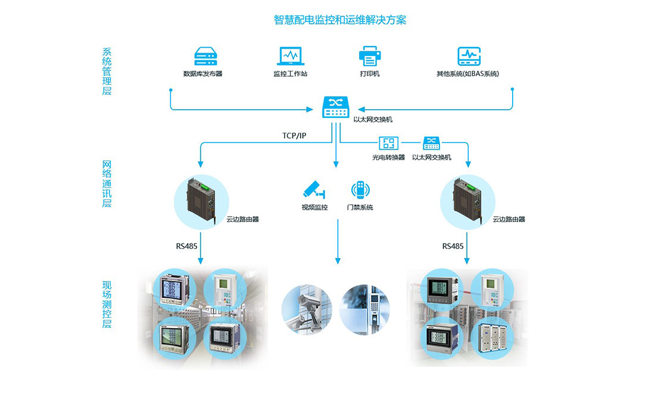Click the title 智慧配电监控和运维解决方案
tap(340, 20)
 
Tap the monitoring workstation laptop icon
tap(291, 57)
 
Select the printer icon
tap(369, 57)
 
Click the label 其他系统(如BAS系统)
tap(467, 74)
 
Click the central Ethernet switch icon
tap(336, 107)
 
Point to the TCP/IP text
tap(294, 136)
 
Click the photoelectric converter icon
tap(388, 143)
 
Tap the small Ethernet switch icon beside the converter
tap(431, 143)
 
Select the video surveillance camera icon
tap(314, 190)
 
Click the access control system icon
tap(360, 190)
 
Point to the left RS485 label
tap(186, 245)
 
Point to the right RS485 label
tap(453, 245)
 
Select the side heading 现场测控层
tap(107, 305)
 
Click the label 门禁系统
tap(360, 208)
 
